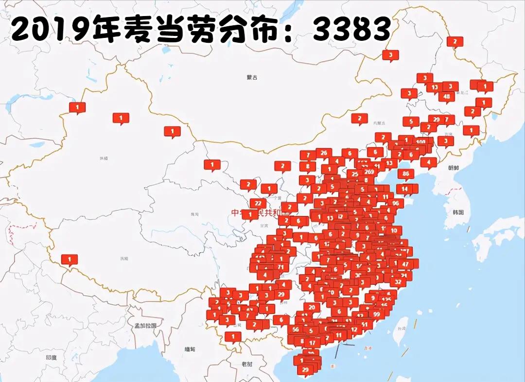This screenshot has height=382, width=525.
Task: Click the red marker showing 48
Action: tap(446, 96)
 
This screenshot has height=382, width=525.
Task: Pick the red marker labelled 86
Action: tap(406, 173)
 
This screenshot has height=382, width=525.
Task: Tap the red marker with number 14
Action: tap(404, 189)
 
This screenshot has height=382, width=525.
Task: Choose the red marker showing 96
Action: tap(395, 203)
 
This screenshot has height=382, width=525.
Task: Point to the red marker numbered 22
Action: tap(258, 203)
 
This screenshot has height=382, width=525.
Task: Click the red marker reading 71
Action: tap(280, 267)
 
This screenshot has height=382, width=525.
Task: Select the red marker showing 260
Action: tap(369, 172)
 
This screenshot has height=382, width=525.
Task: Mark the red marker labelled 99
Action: tap(376, 314)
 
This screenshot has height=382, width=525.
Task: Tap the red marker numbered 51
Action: tap(364, 324)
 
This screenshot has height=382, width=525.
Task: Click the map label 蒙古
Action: tap(252, 77)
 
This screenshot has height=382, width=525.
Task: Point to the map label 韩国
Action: tap(458, 212)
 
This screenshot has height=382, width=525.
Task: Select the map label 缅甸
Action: tap(189, 349)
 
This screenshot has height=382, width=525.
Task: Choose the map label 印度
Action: tap(52, 357)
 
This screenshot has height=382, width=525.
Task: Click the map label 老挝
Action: tap(247, 364)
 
